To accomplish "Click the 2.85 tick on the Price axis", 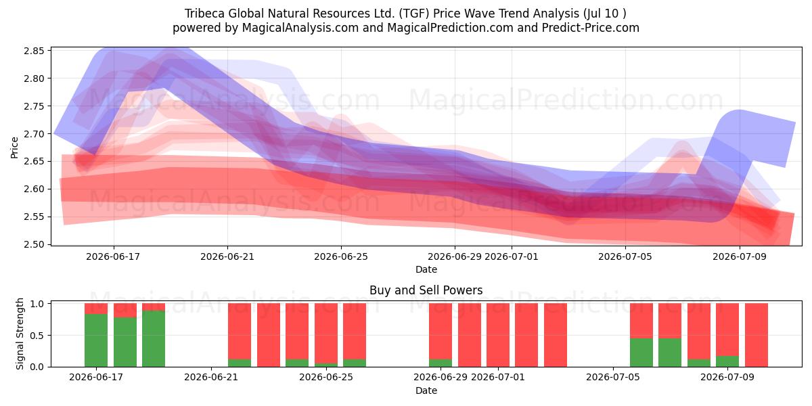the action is point(34,51).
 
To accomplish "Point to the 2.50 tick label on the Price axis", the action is point(34,244).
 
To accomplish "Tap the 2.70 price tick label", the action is point(34,134).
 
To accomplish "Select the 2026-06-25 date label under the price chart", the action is point(341,256).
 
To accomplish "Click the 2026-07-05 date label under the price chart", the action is point(625,256).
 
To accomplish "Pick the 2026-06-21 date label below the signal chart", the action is point(211,377).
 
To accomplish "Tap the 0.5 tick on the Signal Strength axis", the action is point(38,336).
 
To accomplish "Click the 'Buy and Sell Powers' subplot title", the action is point(426,290).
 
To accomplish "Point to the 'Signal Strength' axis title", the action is point(20,334).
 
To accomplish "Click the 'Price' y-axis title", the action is point(14,148).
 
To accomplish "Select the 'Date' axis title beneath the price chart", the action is point(426,269).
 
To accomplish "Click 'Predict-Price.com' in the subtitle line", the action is point(591,28).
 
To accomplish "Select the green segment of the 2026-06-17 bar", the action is point(96,340).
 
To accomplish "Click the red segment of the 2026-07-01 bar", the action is point(498,335).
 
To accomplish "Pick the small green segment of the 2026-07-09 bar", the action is point(727,361).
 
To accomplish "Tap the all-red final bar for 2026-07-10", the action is point(757,335).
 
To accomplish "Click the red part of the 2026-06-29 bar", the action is point(441,332).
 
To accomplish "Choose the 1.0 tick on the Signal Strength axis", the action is point(38,304).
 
